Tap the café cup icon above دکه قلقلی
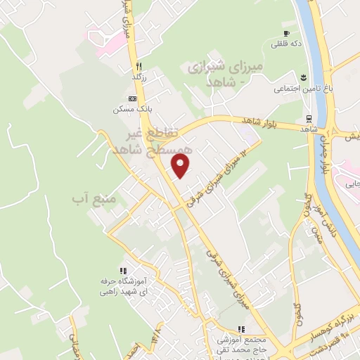coord(286,33)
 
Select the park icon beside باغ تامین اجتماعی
coord(302,77)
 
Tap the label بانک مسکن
coord(131,110)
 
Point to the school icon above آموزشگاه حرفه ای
coord(123,271)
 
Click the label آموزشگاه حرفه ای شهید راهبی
coord(122,285)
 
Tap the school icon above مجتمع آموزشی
coord(241,328)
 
